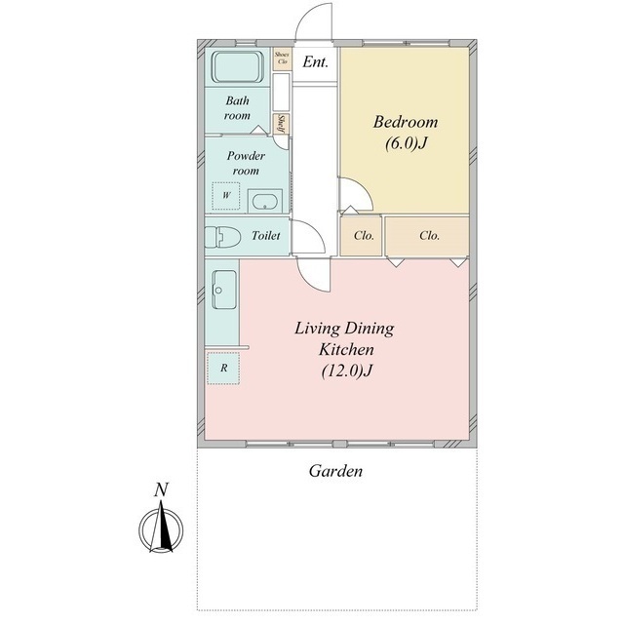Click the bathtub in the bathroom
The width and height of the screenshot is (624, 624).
point(237,67)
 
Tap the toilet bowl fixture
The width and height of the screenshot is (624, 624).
point(223,238)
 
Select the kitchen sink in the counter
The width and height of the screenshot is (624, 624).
point(224,290)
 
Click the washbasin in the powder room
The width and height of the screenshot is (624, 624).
point(265,201)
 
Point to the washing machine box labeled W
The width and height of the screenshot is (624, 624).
point(226,195)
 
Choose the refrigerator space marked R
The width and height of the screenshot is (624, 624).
point(223,369)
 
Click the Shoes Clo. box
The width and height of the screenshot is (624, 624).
point(282,58)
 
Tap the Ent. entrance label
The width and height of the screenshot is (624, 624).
point(315,62)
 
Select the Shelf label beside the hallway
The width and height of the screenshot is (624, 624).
point(282,124)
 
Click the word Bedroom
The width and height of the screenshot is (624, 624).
point(406,122)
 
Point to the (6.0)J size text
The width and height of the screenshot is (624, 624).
point(406,143)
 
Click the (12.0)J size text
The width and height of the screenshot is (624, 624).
point(347,371)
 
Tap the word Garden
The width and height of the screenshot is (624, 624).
point(335,471)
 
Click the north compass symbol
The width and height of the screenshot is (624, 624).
point(161,528)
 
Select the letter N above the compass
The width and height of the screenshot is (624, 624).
point(162,489)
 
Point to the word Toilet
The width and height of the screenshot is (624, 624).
point(265,236)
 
